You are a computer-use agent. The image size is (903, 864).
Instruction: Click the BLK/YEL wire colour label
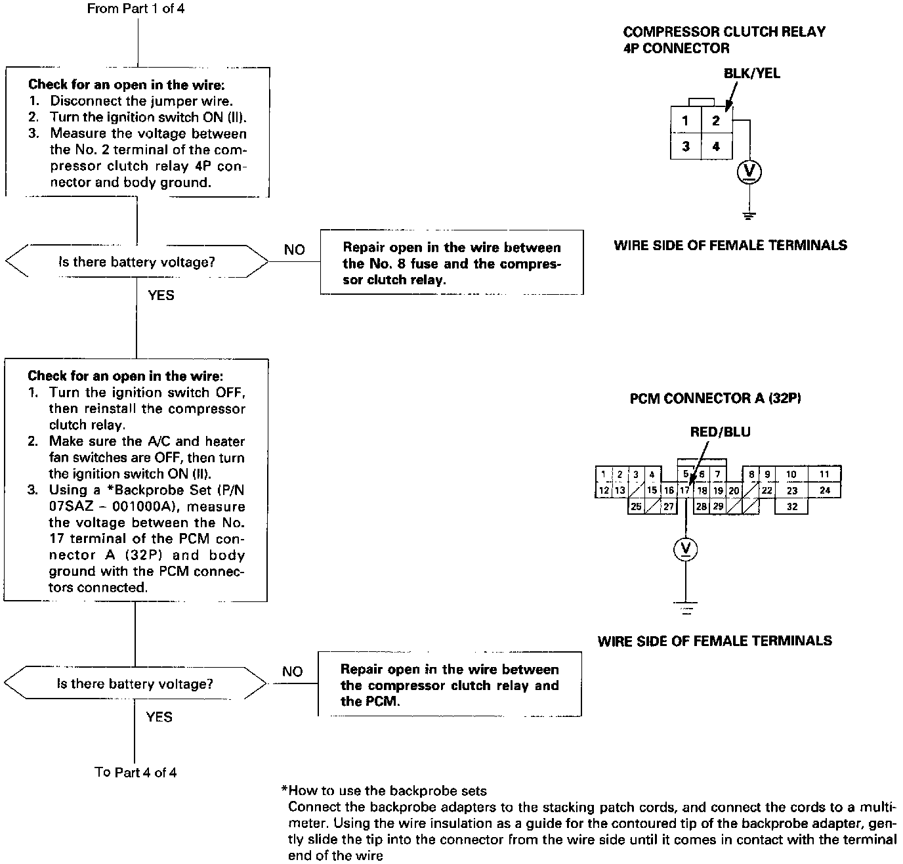click(x=751, y=74)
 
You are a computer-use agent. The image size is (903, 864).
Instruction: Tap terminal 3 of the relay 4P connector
click(x=686, y=146)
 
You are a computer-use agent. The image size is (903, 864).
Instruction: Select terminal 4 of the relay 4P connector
click(x=716, y=146)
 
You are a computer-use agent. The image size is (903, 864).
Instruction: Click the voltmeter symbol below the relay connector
click(x=749, y=172)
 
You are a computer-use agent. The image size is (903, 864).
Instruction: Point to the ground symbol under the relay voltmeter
click(x=749, y=215)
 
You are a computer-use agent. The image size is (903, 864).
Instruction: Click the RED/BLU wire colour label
click(x=720, y=432)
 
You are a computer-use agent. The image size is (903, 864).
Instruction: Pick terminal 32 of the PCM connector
click(x=791, y=506)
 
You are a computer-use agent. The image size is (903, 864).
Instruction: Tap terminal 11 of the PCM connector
click(x=825, y=474)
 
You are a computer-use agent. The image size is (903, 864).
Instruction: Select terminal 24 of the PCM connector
click(x=825, y=490)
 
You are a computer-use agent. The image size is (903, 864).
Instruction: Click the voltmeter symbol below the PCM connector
click(x=686, y=549)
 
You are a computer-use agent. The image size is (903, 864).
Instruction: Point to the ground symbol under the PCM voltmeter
click(x=686, y=607)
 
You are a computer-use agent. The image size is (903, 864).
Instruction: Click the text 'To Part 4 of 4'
click(x=136, y=772)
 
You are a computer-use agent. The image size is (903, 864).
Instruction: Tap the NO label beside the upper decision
click(x=295, y=250)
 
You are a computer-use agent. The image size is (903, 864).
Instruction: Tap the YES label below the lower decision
click(x=159, y=717)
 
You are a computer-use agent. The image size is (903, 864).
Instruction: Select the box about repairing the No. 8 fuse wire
click(x=451, y=263)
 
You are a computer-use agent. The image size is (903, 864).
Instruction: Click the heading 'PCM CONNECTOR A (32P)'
click(x=715, y=399)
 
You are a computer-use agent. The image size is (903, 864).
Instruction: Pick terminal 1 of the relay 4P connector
click(x=686, y=121)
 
